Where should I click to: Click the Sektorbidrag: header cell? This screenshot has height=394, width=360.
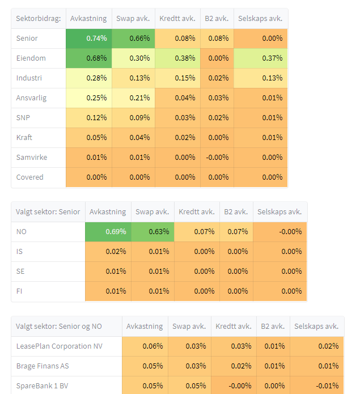(39, 18)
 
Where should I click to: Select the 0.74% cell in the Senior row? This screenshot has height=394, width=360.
(88, 38)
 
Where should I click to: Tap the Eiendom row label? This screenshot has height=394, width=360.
(31, 58)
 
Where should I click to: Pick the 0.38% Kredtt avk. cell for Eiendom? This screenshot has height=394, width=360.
(177, 58)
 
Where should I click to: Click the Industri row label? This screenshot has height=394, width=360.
(29, 78)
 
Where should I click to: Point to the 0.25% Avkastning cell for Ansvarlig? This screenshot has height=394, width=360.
(88, 98)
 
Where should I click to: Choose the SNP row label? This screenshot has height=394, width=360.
(23, 117)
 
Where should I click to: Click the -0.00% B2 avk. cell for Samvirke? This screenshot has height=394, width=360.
(217, 157)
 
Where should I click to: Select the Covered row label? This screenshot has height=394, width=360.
(29, 177)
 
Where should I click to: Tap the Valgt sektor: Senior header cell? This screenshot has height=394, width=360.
(48, 211)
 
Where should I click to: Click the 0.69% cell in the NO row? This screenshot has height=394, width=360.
(108, 231)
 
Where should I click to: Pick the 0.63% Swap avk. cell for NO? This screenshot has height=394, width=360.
(153, 231)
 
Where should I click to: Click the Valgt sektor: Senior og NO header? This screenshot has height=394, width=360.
(66, 326)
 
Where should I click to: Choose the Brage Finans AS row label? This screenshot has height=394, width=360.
(43, 366)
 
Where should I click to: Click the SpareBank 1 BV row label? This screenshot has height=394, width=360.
(43, 385)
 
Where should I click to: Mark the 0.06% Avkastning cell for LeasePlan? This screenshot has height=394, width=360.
(145, 346)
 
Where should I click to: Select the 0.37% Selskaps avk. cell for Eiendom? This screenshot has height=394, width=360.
(261, 58)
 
